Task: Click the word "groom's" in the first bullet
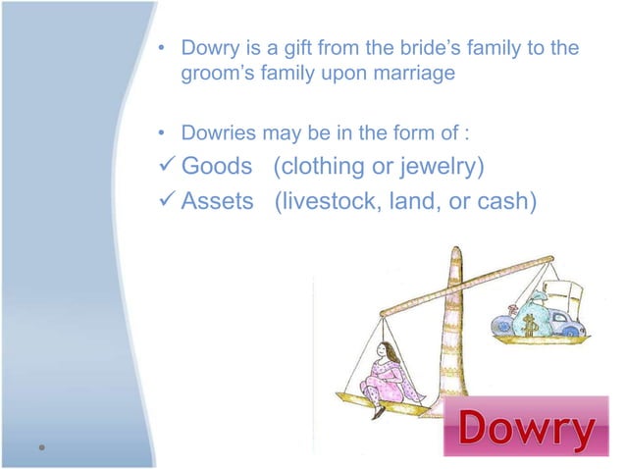217,73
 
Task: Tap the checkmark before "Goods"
165,166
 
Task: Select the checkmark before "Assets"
165,202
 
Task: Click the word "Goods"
217,166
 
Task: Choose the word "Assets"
218,202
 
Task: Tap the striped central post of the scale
452,334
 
